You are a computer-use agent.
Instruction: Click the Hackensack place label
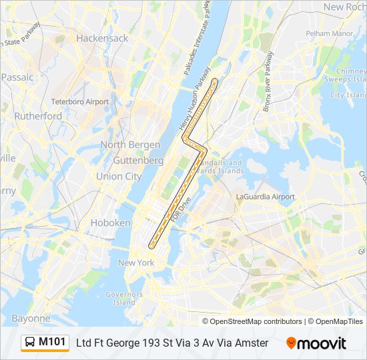click(102, 38)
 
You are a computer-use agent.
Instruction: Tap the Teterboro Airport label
click(80, 102)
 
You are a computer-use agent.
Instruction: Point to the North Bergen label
click(130, 145)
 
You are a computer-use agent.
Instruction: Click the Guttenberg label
click(138, 161)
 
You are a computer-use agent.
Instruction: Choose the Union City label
click(119, 177)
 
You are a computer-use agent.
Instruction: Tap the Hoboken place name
click(110, 223)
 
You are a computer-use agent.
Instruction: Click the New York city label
click(136, 263)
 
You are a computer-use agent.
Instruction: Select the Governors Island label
click(124, 298)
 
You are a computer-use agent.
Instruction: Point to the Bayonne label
click(31, 319)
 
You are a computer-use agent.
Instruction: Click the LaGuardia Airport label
click(266, 197)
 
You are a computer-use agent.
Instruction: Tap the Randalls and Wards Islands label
click(222, 167)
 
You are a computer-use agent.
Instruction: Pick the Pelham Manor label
click(328, 33)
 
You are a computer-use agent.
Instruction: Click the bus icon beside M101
click(30, 343)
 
